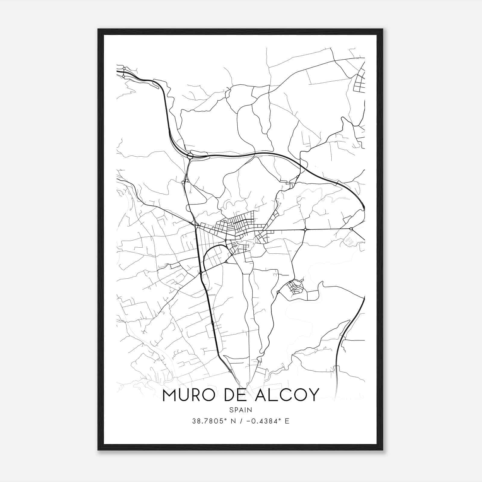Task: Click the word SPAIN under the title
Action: point(241,410)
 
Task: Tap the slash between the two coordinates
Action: point(239,421)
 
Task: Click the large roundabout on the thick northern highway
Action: point(190,156)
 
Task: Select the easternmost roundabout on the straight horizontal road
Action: point(351,229)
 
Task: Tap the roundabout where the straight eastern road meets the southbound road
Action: point(305,230)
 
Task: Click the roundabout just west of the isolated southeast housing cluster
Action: point(278,292)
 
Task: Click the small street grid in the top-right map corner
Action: point(359,81)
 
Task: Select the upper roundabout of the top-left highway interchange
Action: point(124,69)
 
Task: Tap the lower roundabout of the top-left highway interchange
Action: point(124,77)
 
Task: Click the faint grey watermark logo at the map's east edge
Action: point(350,241)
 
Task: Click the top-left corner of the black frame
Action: point(98,29)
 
